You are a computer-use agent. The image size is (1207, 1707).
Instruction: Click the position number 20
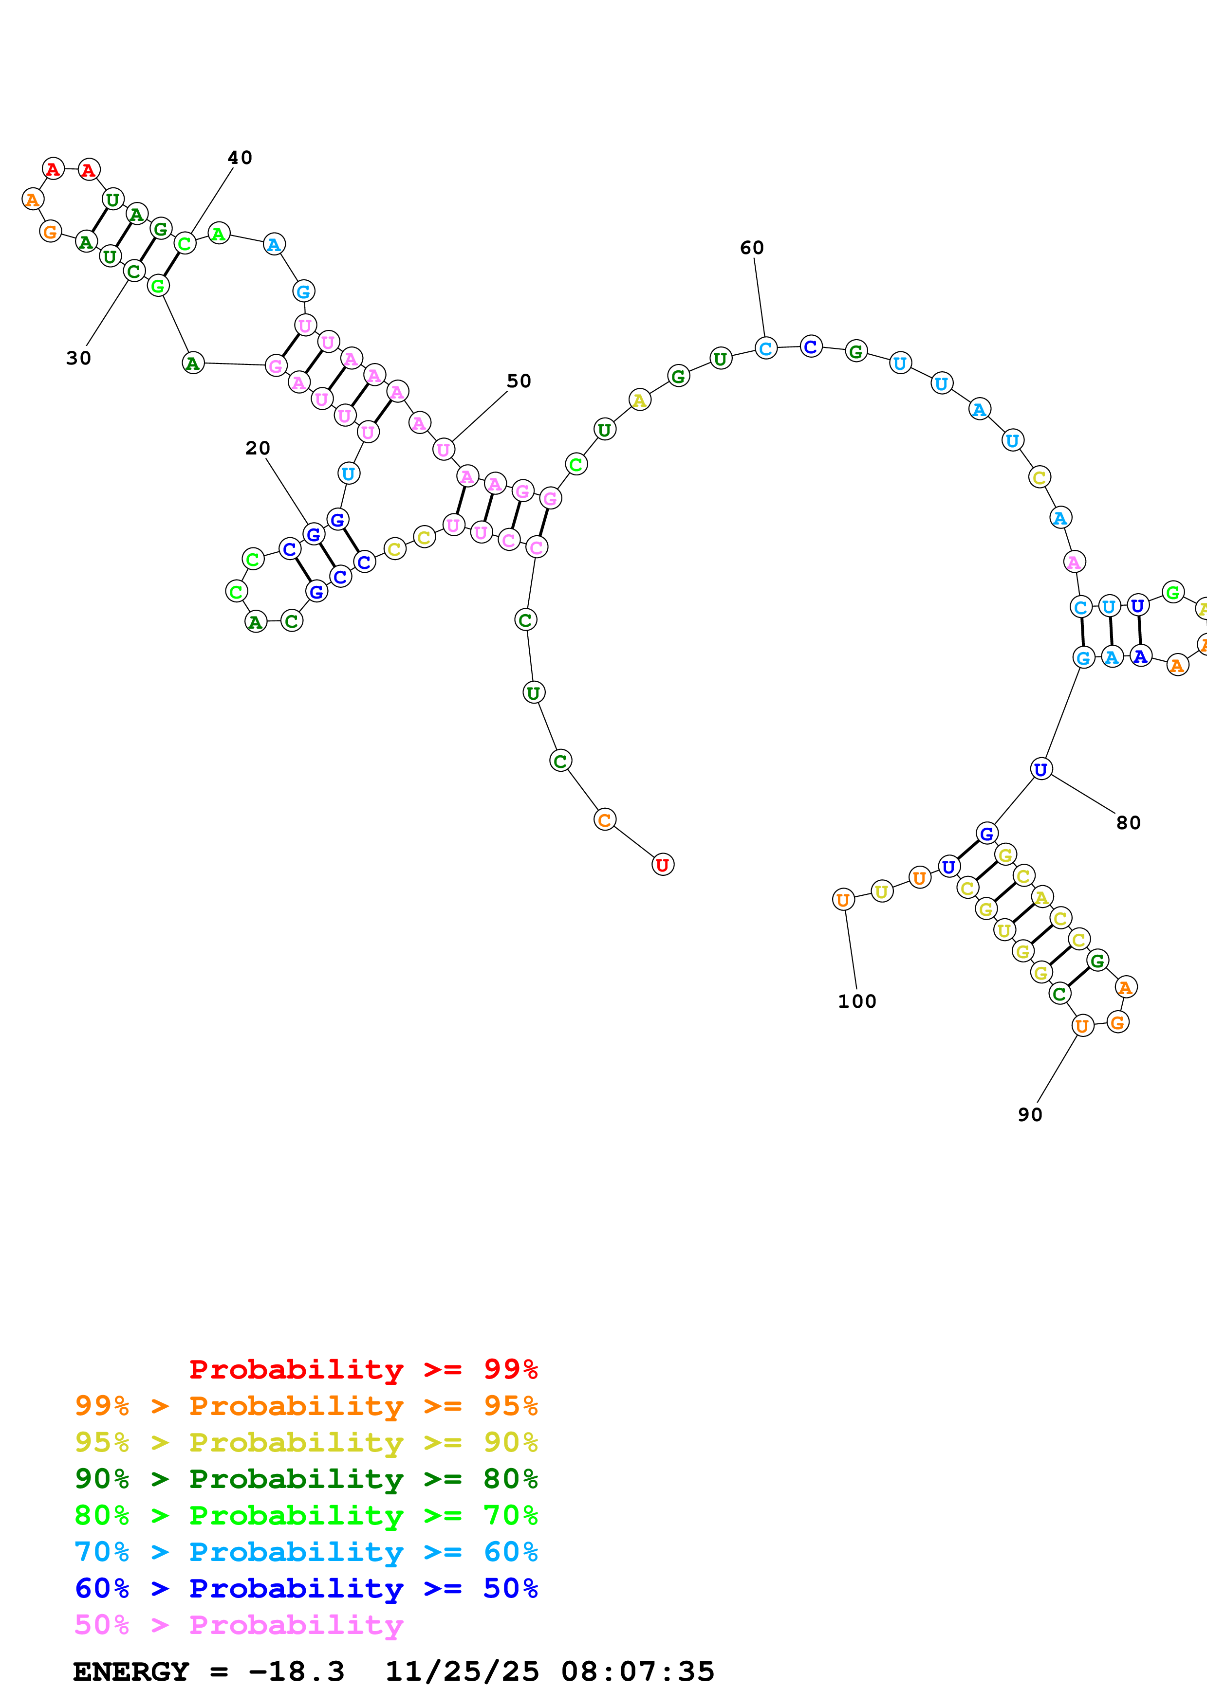point(257,448)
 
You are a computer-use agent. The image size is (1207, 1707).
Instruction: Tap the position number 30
point(78,358)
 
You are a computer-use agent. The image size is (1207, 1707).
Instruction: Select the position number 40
point(240,158)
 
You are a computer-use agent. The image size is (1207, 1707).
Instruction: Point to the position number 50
point(519,381)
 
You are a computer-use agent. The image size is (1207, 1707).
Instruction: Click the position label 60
point(751,248)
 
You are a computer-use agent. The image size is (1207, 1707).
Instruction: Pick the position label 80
point(1128,823)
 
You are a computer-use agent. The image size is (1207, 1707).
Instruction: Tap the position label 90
point(1029,1114)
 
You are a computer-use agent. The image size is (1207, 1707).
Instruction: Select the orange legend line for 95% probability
point(306,1406)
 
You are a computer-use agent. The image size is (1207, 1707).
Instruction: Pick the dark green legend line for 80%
point(306,1479)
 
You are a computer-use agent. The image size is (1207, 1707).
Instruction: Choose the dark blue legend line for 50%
point(306,1588)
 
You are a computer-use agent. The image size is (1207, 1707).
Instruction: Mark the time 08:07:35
point(637,1671)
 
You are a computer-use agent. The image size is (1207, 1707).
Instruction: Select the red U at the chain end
point(662,865)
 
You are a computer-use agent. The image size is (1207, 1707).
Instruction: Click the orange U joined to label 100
point(843,900)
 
